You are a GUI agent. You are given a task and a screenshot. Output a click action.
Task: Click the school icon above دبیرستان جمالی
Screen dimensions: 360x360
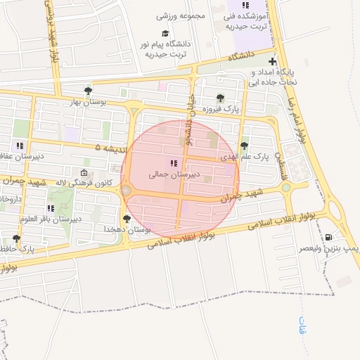(x=174, y=163)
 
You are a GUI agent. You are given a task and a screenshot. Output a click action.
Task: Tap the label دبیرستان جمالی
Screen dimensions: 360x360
(x=174, y=173)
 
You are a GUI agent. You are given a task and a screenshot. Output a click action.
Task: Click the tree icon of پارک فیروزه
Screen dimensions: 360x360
(x=220, y=98)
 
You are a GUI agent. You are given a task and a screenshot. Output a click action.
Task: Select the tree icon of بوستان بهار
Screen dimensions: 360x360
(x=88, y=91)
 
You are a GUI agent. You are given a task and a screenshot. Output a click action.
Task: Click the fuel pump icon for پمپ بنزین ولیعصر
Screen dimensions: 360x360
(x=330, y=237)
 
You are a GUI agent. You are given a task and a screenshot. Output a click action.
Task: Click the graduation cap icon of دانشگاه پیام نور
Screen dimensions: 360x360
(x=165, y=33)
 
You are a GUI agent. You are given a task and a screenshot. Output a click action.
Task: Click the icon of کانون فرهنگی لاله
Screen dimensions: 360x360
(x=84, y=173)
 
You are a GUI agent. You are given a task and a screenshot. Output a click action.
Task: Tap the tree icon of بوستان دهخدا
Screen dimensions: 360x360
(x=127, y=219)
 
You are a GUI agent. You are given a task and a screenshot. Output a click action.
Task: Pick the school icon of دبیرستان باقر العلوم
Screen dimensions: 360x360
(x=51, y=208)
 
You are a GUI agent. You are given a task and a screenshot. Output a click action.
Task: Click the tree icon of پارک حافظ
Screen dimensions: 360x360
(x=16, y=239)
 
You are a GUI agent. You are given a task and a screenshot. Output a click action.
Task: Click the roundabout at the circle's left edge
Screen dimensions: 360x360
(x=127, y=191)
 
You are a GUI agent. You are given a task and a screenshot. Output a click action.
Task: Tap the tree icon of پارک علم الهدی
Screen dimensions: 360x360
(x=244, y=146)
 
